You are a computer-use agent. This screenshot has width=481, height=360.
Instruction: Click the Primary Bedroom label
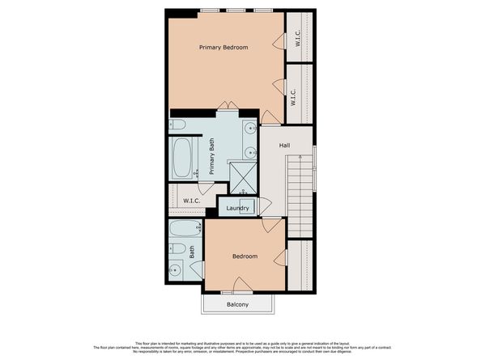point(223,48)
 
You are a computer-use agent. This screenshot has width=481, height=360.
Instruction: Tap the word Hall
point(284,146)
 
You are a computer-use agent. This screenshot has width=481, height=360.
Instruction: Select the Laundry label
point(236,208)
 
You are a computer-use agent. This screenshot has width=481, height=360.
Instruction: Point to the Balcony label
point(237,304)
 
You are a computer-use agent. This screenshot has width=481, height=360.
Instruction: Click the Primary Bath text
point(211,156)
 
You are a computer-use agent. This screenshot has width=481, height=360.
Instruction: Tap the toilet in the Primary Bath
point(179,125)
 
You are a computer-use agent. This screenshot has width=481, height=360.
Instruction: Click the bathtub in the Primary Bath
point(183,159)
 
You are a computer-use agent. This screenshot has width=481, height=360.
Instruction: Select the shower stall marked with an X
point(241,175)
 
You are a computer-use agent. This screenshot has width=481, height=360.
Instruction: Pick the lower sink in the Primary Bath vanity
point(249,151)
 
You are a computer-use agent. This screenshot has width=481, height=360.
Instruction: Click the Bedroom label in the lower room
point(245,256)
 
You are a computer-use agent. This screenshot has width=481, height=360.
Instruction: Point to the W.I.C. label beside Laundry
point(192,201)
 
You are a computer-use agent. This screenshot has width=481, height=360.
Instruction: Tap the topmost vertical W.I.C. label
point(298,37)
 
